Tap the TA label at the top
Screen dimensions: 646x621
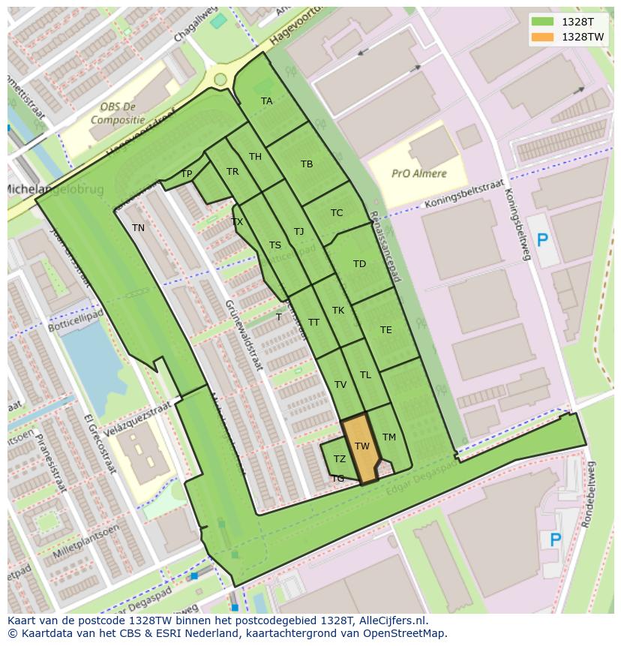coord(266,101)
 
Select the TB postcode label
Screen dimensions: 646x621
coord(307,164)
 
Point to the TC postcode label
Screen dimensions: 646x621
coord(337,213)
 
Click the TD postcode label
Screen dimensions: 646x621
coord(359,264)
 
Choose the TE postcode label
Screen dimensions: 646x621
coord(385,330)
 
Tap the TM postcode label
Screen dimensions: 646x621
coord(388,437)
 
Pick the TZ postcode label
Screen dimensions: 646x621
coord(340,459)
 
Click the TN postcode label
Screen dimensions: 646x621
coord(138,228)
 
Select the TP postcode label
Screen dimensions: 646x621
coord(187,174)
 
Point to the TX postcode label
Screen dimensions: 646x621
coord(237,222)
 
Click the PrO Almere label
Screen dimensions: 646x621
coord(418,173)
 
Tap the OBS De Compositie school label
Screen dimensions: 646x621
coord(118,113)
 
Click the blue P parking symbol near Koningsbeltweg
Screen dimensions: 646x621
coord(542,241)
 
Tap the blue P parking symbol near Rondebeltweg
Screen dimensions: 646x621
coord(555,539)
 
